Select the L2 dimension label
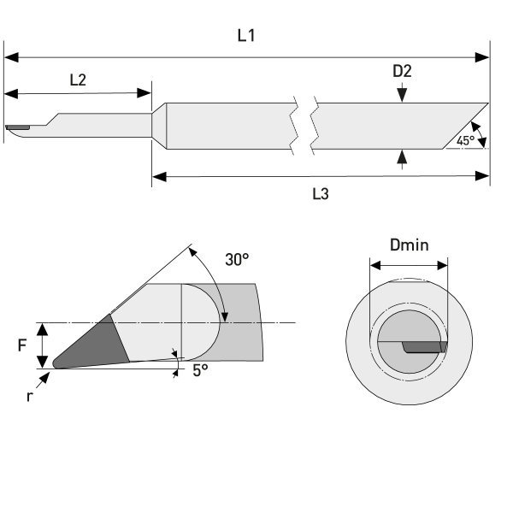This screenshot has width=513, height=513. (x=77, y=80)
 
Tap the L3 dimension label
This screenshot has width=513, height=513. (x=321, y=194)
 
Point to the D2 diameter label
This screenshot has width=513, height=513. (x=402, y=71)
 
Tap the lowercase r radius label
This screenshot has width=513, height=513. (x=28, y=397)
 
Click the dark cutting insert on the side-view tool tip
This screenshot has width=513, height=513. (x=17, y=129)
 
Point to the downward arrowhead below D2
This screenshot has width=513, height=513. (x=402, y=98)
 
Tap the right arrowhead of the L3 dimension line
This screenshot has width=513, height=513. (x=484, y=177)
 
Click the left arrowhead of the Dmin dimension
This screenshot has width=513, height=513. (x=374, y=265)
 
